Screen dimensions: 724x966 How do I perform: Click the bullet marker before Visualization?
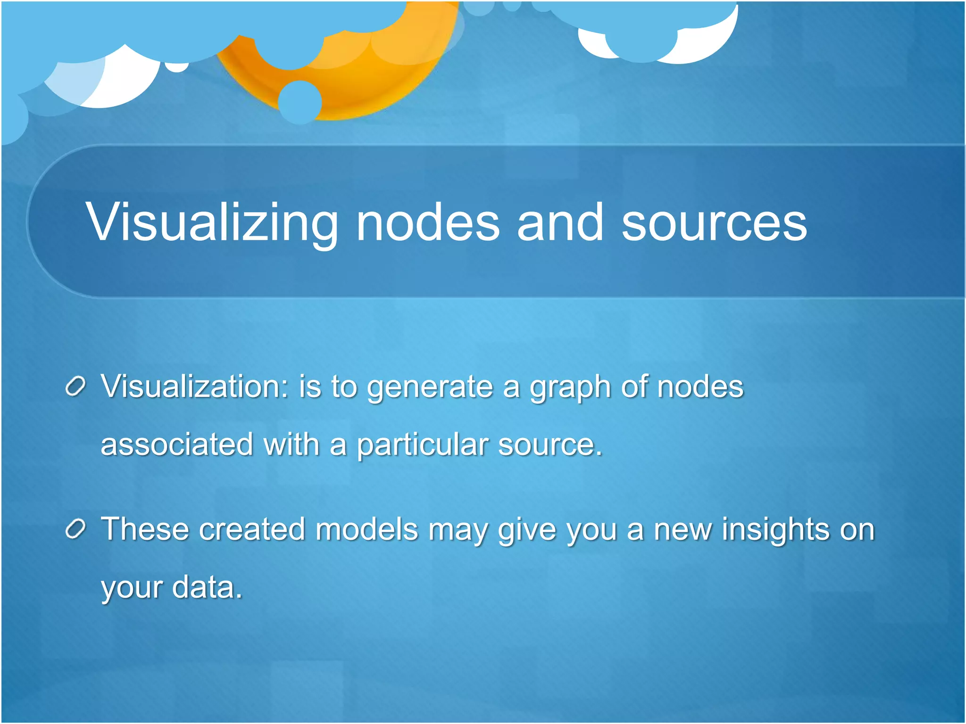click(x=75, y=387)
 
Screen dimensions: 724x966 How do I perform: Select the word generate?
click(x=430, y=387)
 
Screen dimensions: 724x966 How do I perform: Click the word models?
click(x=366, y=529)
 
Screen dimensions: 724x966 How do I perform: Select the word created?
click(x=252, y=529)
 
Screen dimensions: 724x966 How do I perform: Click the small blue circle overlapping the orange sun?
click(x=300, y=102)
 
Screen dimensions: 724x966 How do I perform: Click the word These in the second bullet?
click(x=145, y=529)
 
